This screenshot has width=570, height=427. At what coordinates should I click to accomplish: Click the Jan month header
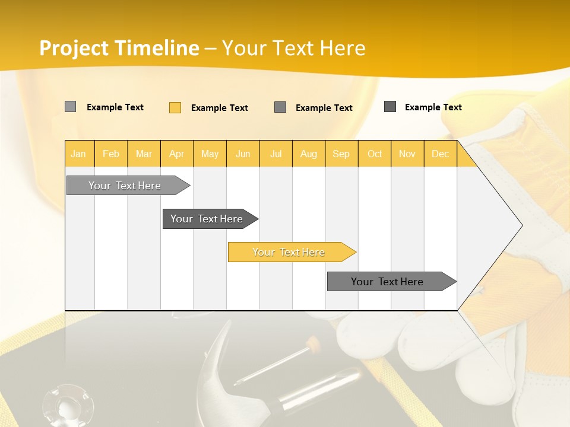pyautogui.click(x=79, y=154)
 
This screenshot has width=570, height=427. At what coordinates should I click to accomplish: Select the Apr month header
pyautogui.click(x=177, y=154)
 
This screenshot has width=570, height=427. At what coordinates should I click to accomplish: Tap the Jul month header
pyautogui.click(x=275, y=154)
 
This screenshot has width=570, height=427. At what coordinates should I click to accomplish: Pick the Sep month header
pyautogui.click(x=341, y=154)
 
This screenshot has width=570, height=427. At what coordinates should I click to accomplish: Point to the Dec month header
pyautogui.click(x=440, y=154)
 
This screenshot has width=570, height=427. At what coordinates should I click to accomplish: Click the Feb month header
pyautogui.click(x=111, y=154)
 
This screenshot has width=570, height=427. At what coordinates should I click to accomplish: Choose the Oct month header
pyautogui.click(x=375, y=154)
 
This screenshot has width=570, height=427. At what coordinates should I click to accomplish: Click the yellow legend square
pyautogui.click(x=175, y=107)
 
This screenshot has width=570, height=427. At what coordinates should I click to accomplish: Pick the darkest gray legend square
pyautogui.click(x=390, y=107)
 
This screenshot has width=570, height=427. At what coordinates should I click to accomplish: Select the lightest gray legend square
pyautogui.click(x=70, y=107)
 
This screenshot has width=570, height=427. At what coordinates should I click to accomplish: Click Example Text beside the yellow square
pyautogui.click(x=219, y=108)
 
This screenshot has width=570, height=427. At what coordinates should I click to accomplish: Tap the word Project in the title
pyautogui.click(x=74, y=48)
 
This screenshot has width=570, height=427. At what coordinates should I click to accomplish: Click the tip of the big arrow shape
pyautogui.click(x=521, y=225)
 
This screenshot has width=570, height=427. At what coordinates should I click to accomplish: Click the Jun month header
pyautogui.click(x=243, y=154)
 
